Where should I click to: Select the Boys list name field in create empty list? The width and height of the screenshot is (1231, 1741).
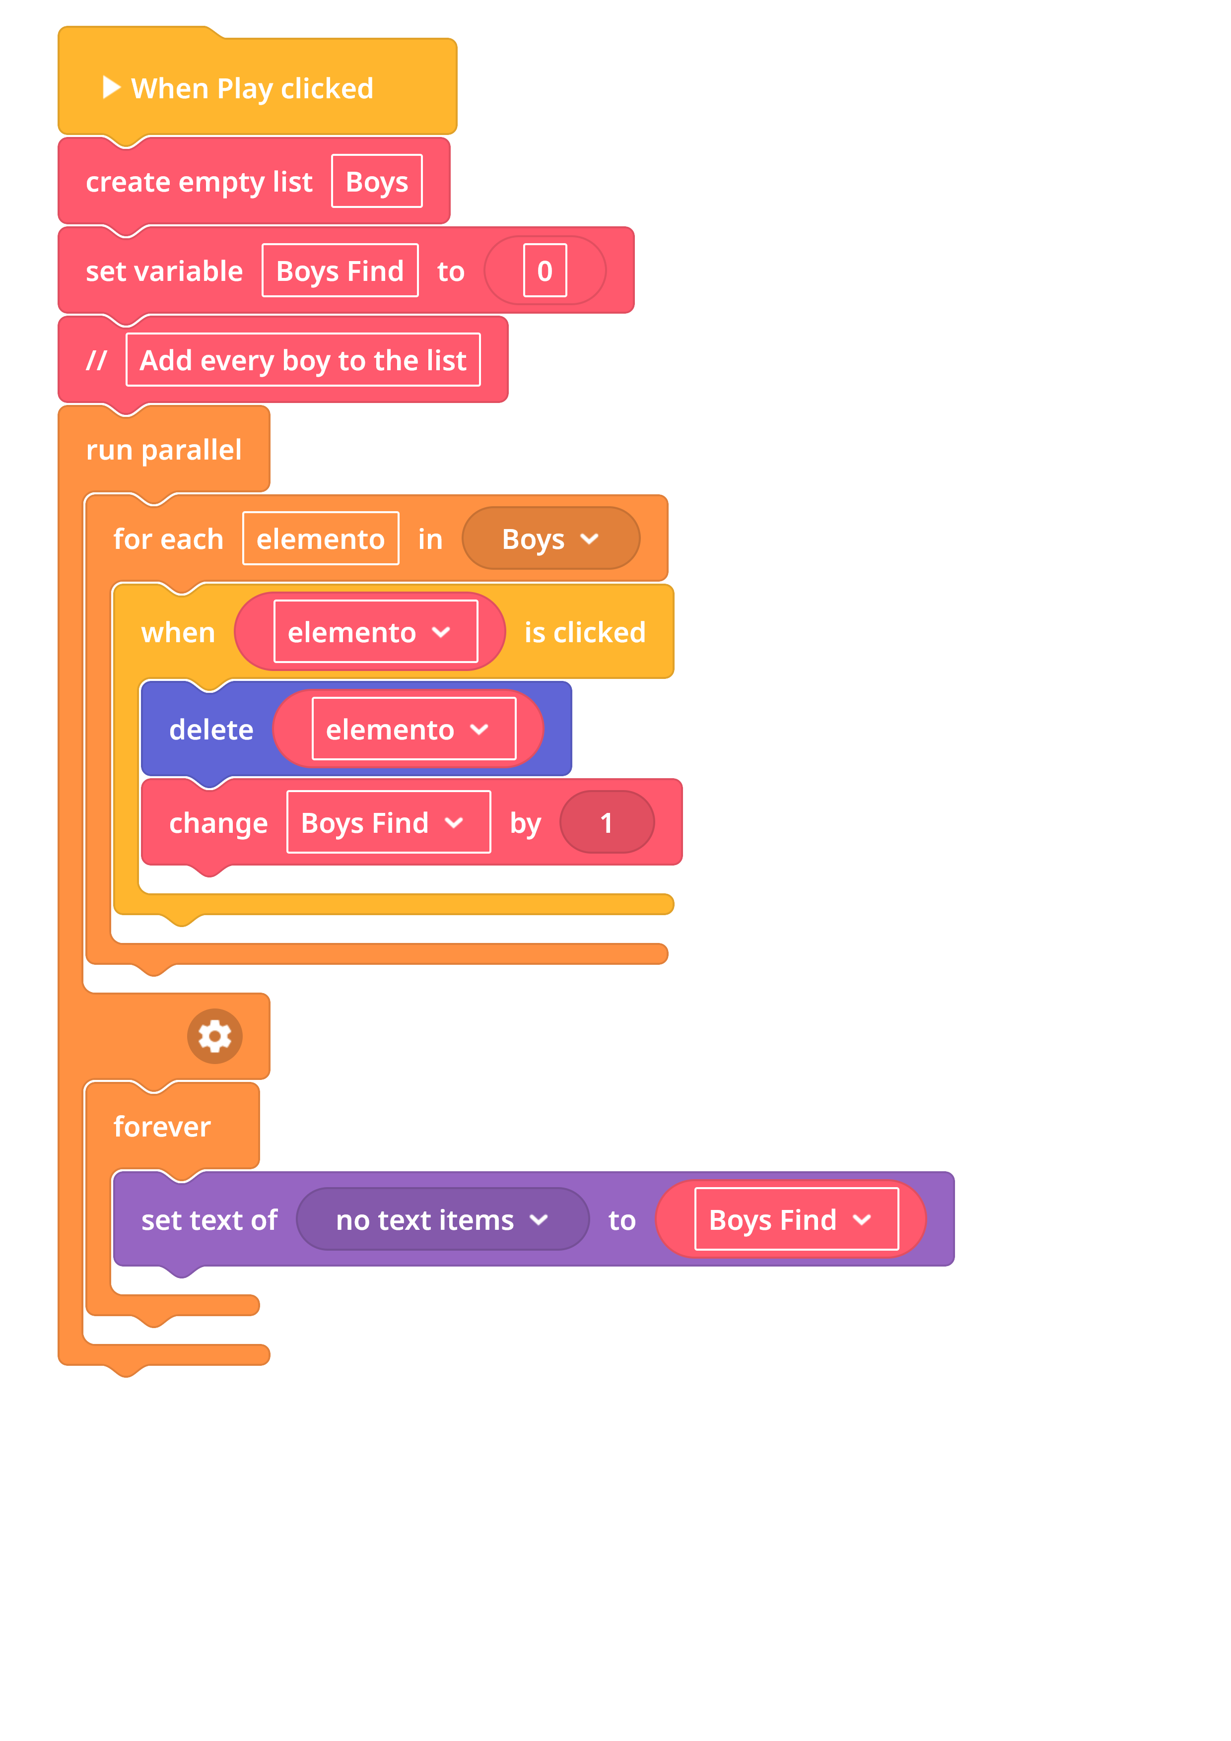click(x=377, y=181)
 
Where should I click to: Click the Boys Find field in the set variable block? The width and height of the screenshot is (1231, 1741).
click(x=340, y=270)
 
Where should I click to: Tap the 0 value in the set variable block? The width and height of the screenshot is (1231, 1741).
click(x=545, y=270)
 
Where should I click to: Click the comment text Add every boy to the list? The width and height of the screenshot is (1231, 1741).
click(x=303, y=360)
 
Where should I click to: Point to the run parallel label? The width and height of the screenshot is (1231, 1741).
click(x=164, y=450)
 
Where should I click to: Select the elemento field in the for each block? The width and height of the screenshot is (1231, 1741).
click(x=321, y=538)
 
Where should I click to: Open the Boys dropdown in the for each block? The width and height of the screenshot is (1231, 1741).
click(x=550, y=538)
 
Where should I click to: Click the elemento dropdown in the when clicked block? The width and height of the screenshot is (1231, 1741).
click(x=375, y=632)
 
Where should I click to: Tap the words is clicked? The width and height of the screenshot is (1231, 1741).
click(x=585, y=632)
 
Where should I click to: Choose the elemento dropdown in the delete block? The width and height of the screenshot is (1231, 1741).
click(x=414, y=729)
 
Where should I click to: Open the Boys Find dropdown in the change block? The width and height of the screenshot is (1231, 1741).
click(x=388, y=822)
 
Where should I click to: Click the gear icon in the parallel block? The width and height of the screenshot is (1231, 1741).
click(x=214, y=1036)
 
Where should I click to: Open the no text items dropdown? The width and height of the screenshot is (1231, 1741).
click(x=442, y=1219)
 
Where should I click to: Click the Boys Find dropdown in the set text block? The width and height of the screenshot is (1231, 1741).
click(x=796, y=1219)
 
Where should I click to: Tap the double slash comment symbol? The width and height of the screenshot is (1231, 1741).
click(x=96, y=360)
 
